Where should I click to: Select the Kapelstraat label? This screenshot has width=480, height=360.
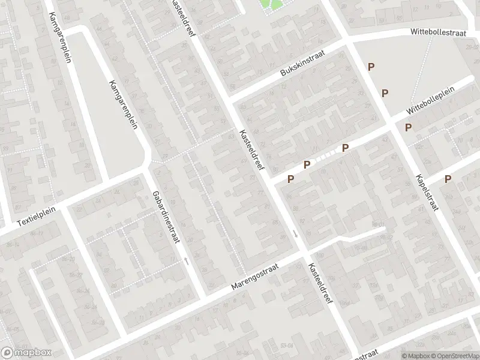[427, 193]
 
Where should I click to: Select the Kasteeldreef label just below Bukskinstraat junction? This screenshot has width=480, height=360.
[251, 149]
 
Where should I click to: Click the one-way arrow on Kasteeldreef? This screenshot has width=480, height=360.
[295, 233]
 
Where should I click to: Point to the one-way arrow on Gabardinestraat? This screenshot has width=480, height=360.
[187, 261]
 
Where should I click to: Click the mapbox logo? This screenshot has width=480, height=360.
[26, 352]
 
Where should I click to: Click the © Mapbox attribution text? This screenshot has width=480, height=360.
[414, 355]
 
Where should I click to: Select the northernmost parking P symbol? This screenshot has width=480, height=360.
[371, 67]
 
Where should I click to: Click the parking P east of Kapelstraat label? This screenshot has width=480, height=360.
[448, 179]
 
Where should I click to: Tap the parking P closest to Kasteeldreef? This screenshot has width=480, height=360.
[291, 178]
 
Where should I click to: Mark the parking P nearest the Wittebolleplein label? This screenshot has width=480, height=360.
[409, 127]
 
